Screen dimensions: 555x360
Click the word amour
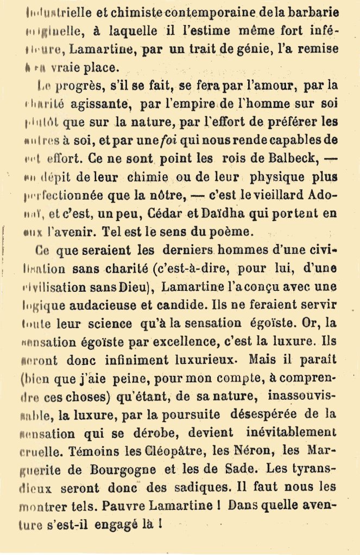268,85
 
